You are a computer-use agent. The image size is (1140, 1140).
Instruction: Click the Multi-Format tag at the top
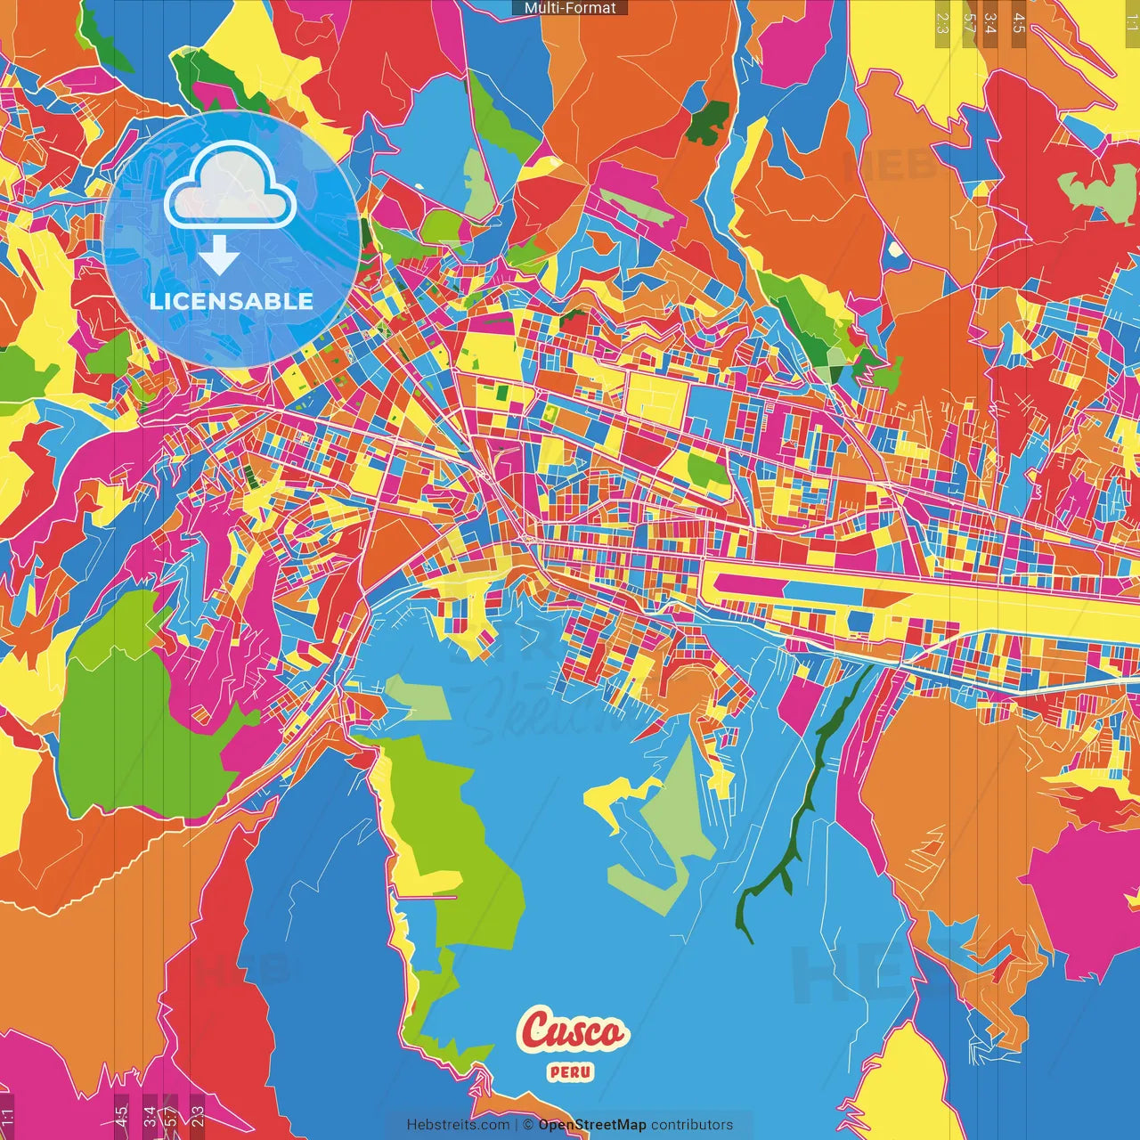(570, 8)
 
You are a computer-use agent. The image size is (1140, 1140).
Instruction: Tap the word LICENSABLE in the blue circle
(232, 301)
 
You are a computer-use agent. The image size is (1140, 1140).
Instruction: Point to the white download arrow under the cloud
(219, 256)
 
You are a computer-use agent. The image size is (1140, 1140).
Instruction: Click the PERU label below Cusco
(571, 1072)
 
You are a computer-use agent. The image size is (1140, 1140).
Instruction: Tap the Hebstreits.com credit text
(458, 1125)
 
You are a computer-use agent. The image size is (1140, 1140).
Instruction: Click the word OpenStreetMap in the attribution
(592, 1125)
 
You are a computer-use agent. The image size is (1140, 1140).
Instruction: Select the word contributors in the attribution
(692, 1125)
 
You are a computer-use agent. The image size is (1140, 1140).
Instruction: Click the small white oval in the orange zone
(894, 251)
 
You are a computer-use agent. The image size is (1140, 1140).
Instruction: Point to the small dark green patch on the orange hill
(708, 123)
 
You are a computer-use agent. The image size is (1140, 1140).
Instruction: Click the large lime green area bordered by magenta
(134, 712)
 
